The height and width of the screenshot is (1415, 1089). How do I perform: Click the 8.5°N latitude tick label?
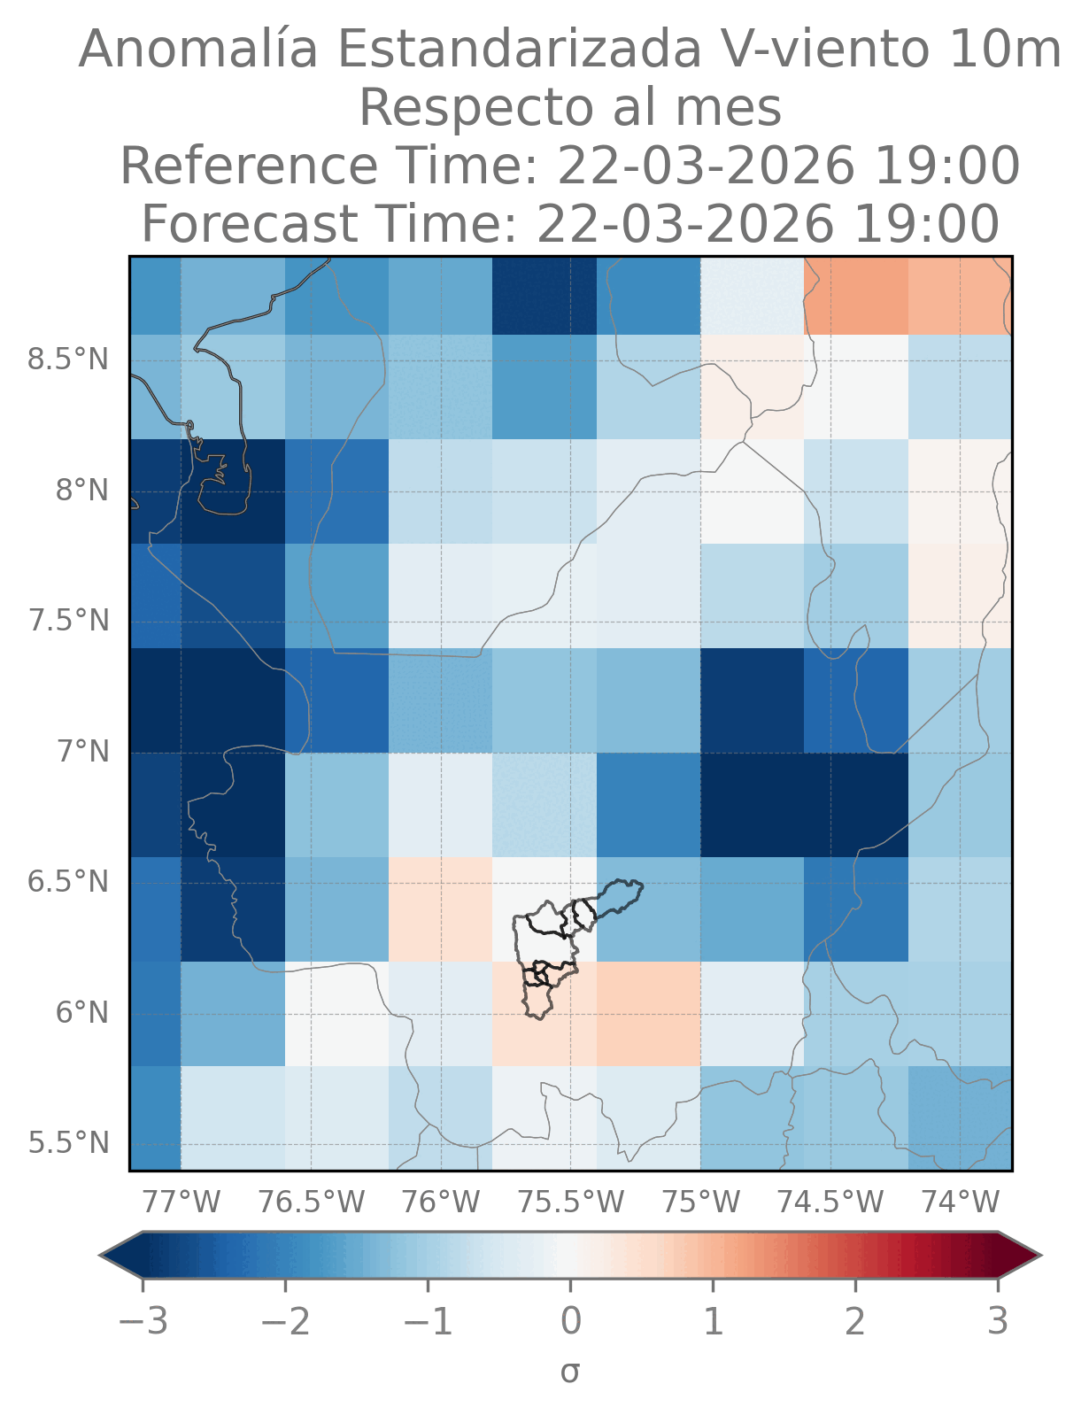(68, 360)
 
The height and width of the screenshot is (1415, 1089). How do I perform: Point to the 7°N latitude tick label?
(84, 752)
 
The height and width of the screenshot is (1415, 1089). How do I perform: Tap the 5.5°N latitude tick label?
(68, 1143)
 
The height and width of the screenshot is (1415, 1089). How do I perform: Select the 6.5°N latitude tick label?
(68, 883)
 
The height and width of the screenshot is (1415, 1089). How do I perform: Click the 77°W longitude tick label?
(181, 1202)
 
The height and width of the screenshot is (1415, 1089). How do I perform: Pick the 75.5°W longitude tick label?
(571, 1202)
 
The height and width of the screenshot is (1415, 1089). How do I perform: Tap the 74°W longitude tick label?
(961, 1202)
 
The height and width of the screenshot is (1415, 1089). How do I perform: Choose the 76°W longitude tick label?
(440, 1202)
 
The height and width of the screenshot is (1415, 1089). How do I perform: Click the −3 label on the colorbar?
(143, 1322)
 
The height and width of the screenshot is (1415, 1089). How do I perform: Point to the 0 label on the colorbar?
(571, 1322)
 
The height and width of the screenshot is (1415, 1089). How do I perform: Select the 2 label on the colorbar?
(855, 1322)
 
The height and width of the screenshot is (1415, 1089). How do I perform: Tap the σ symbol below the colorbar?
(570, 1372)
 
